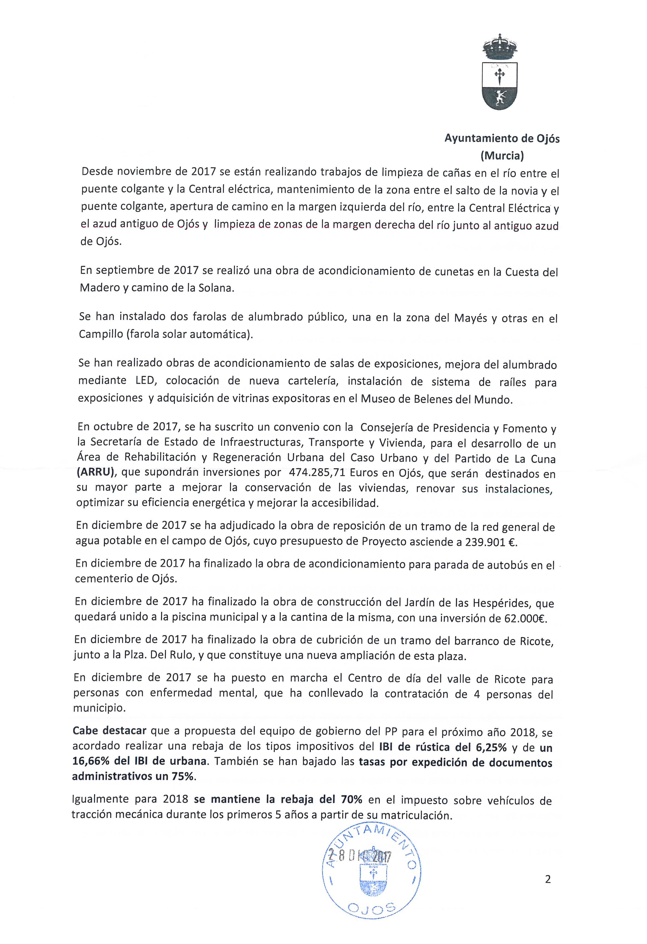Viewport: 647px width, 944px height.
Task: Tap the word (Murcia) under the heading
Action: point(502,155)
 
